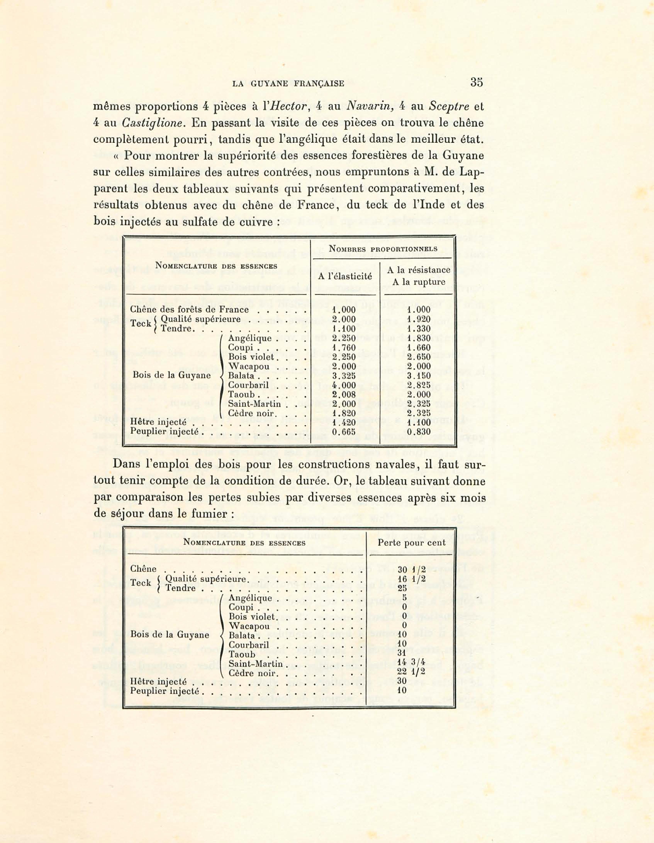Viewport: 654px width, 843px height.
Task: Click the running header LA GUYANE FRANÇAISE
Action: tap(288, 83)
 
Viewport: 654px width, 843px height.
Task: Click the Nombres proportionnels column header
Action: tap(383, 249)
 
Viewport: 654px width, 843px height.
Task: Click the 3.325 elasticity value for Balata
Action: tap(344, 376)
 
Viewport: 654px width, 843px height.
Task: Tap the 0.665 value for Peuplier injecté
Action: tap(344, 432)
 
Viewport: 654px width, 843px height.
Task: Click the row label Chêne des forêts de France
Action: tap(189, 310)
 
